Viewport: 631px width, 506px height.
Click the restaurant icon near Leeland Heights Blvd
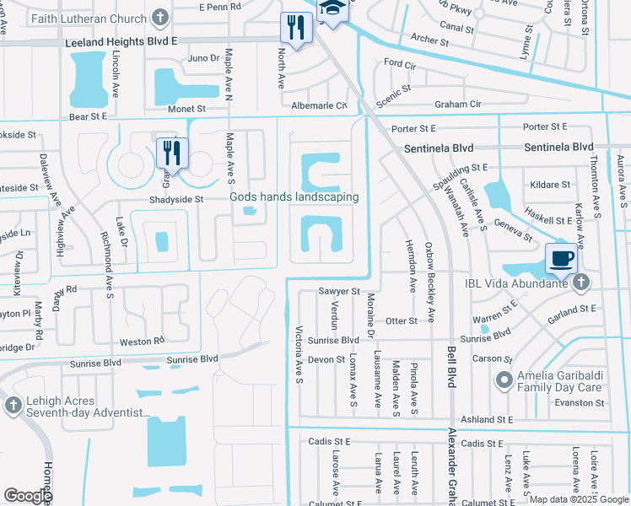click(292, 27)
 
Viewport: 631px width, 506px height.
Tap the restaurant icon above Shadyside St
click(172, 153)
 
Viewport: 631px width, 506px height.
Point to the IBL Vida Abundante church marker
click(581, 283)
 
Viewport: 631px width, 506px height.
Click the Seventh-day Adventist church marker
click(12, 406)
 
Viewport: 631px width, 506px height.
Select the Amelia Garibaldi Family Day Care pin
click(504, 380)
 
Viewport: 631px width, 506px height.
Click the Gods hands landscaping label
click(294, 197)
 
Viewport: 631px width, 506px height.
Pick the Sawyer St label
click(339, 291)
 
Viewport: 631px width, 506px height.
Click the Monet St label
click(189, 109)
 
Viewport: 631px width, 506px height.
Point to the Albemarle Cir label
click(319, 105)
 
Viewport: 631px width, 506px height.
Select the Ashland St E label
click(487, 419)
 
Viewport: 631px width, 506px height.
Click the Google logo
click(28, 496)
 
